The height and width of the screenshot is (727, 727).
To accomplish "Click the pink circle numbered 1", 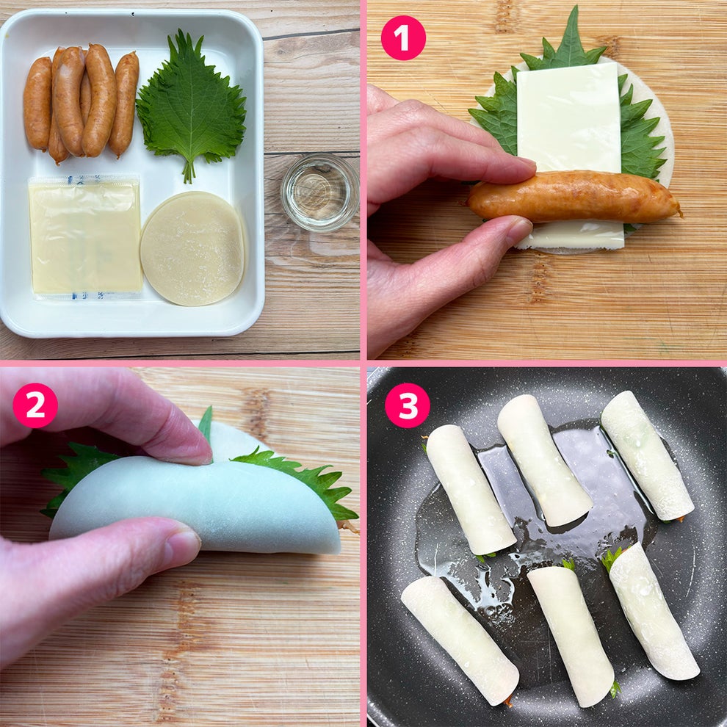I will point(403,37).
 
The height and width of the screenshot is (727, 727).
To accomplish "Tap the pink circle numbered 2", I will point(35,405).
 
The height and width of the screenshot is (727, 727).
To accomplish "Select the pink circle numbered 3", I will point(407,405).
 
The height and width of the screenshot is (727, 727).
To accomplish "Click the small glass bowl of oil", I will point(319,192).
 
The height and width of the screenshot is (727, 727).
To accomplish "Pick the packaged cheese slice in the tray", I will point(84,236).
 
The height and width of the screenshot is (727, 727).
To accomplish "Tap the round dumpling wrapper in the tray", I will point(192,248).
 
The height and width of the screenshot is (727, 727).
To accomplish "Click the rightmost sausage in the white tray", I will point(125,103).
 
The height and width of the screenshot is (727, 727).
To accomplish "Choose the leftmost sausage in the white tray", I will point(37,103).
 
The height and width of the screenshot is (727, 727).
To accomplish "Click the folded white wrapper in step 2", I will point(198,507).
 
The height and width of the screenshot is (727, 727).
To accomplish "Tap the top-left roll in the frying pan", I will point(470,490).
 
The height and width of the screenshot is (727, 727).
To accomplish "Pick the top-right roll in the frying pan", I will point(646,455).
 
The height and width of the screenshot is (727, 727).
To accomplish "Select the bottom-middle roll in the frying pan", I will point(571,635).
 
